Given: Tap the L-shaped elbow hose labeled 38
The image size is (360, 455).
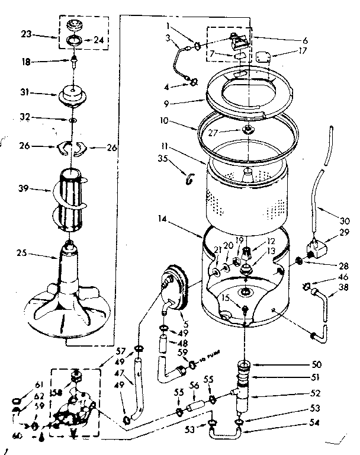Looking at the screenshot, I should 323,308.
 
